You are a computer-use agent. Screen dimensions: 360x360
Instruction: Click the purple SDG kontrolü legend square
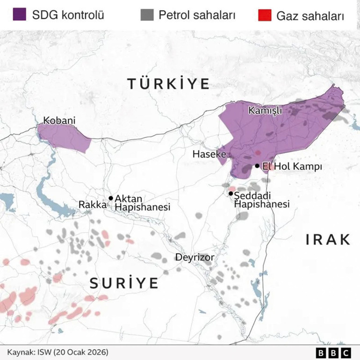[19, 14]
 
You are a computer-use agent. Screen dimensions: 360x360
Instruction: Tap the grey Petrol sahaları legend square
[146, 14]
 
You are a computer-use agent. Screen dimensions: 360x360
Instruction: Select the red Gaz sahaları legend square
[264, 15]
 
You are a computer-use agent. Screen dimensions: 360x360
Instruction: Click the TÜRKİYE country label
[169, 84]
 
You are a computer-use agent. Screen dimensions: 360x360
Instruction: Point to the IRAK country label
[328, 240]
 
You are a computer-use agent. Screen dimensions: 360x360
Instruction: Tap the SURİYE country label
[124, 283]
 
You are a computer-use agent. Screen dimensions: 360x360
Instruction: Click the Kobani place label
[59, 121]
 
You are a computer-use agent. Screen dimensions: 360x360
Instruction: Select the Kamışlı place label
[265, 111]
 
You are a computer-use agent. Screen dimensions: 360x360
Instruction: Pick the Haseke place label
[209, 154]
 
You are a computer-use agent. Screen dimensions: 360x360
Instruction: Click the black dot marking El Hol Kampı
[257, 166]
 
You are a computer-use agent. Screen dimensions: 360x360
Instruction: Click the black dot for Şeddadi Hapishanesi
[231, 193]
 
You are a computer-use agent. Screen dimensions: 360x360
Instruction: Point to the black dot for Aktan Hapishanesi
[111, 198]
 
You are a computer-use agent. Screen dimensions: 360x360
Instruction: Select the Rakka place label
[93, 205]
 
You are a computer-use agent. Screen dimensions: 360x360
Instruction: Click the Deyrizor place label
[194, 257]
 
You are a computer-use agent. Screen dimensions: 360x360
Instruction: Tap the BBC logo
[333, 352]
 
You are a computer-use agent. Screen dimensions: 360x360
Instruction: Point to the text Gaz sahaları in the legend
[310, 15]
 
